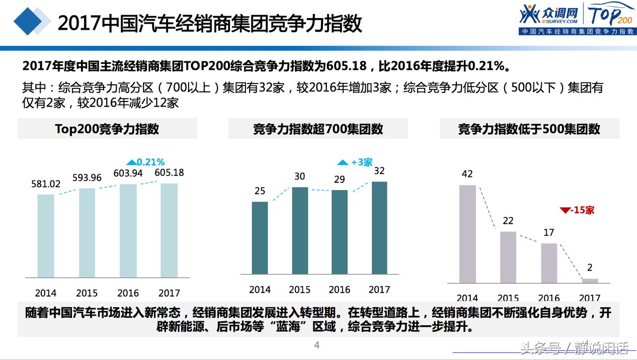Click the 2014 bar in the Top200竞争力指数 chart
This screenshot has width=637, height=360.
point(46,235)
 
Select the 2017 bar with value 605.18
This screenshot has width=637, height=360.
point(169,230)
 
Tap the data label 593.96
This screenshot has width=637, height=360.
point(87,178)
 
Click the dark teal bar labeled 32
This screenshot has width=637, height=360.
point(379,227)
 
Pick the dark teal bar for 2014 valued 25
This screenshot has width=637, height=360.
point(260,237)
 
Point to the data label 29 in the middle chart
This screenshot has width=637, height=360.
point(340,179)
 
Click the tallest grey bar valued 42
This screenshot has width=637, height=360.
point(467,234)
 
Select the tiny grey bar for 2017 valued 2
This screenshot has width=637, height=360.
point(590,281)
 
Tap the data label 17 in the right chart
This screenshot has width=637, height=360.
point(549,233)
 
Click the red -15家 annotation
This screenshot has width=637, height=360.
point(577,210)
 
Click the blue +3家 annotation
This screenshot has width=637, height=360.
point(355,162)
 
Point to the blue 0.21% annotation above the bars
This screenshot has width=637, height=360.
point(145,162)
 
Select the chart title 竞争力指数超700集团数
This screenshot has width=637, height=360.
point(318,129)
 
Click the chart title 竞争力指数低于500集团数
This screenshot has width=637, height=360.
point(529,129)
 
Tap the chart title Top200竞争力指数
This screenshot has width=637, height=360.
point(107,129)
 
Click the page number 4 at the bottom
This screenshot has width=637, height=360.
point(317,345)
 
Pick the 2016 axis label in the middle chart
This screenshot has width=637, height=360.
point(339,290)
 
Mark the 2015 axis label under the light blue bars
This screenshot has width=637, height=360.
point(87,293)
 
